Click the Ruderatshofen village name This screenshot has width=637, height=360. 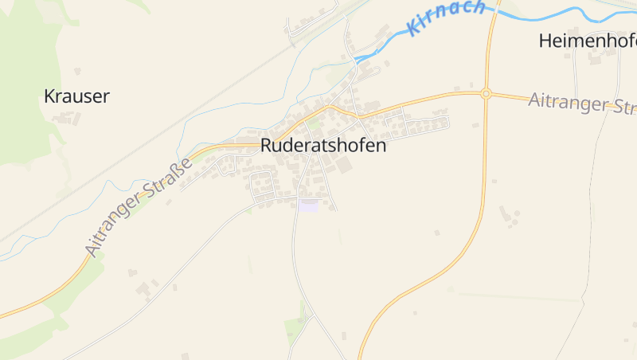tap(323, 146)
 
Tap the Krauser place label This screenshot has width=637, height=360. tap(76, 97)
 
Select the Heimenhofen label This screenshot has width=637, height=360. tap(588, 41)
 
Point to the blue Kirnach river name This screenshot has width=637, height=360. tap(446, 18)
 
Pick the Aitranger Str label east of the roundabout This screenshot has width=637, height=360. tap(581, 103)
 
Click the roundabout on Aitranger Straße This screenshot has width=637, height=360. tap(486, 93)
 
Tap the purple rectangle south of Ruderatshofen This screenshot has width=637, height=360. tap(308, 205)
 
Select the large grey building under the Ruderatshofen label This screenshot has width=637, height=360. tap(343, 166)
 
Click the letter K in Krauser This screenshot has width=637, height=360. tap(49, 97)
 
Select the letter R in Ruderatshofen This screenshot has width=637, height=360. tap(267, 146)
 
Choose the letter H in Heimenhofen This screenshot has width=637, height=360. tap(545, 41)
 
